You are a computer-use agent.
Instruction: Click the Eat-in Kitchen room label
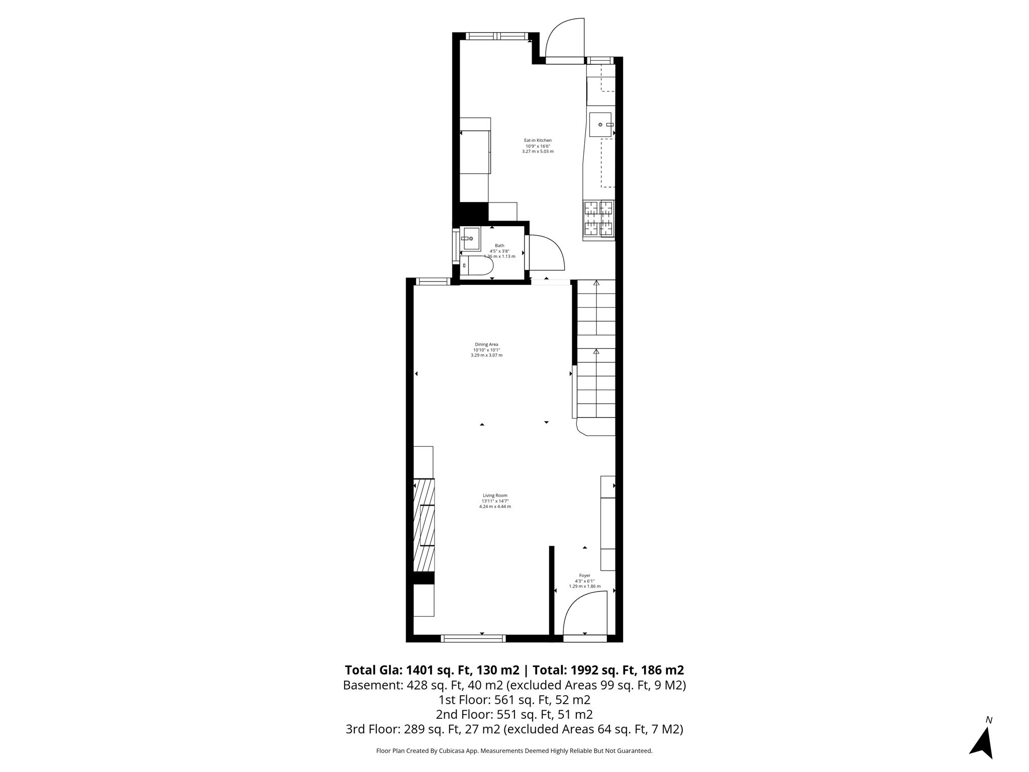click(x=538, y=141)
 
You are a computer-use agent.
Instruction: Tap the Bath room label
click(x=499, y=246)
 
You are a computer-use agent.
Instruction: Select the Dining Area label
click(x=486, y=345)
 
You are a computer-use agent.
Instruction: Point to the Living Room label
click(x=495, y=496)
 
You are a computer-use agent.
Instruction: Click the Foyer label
click(x=584, y=576)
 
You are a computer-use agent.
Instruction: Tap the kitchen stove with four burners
click(x=599, y=218)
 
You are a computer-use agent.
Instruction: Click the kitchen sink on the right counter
click(x=600, y=125)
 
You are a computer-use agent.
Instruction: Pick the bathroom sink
click(x=471, y=239)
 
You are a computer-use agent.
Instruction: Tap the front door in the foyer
click(x=585, y=616)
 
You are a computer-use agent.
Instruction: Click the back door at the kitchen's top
click(x=565, y=40)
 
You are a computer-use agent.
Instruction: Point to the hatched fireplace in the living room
click(x=424, y=525)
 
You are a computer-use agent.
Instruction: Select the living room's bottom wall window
click(x=473, y=638)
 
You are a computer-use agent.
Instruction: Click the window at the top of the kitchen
click(x=496, y=36)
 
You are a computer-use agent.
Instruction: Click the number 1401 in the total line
click(x=419, y=670)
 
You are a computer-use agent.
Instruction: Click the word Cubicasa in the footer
click(x=453, y=751)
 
